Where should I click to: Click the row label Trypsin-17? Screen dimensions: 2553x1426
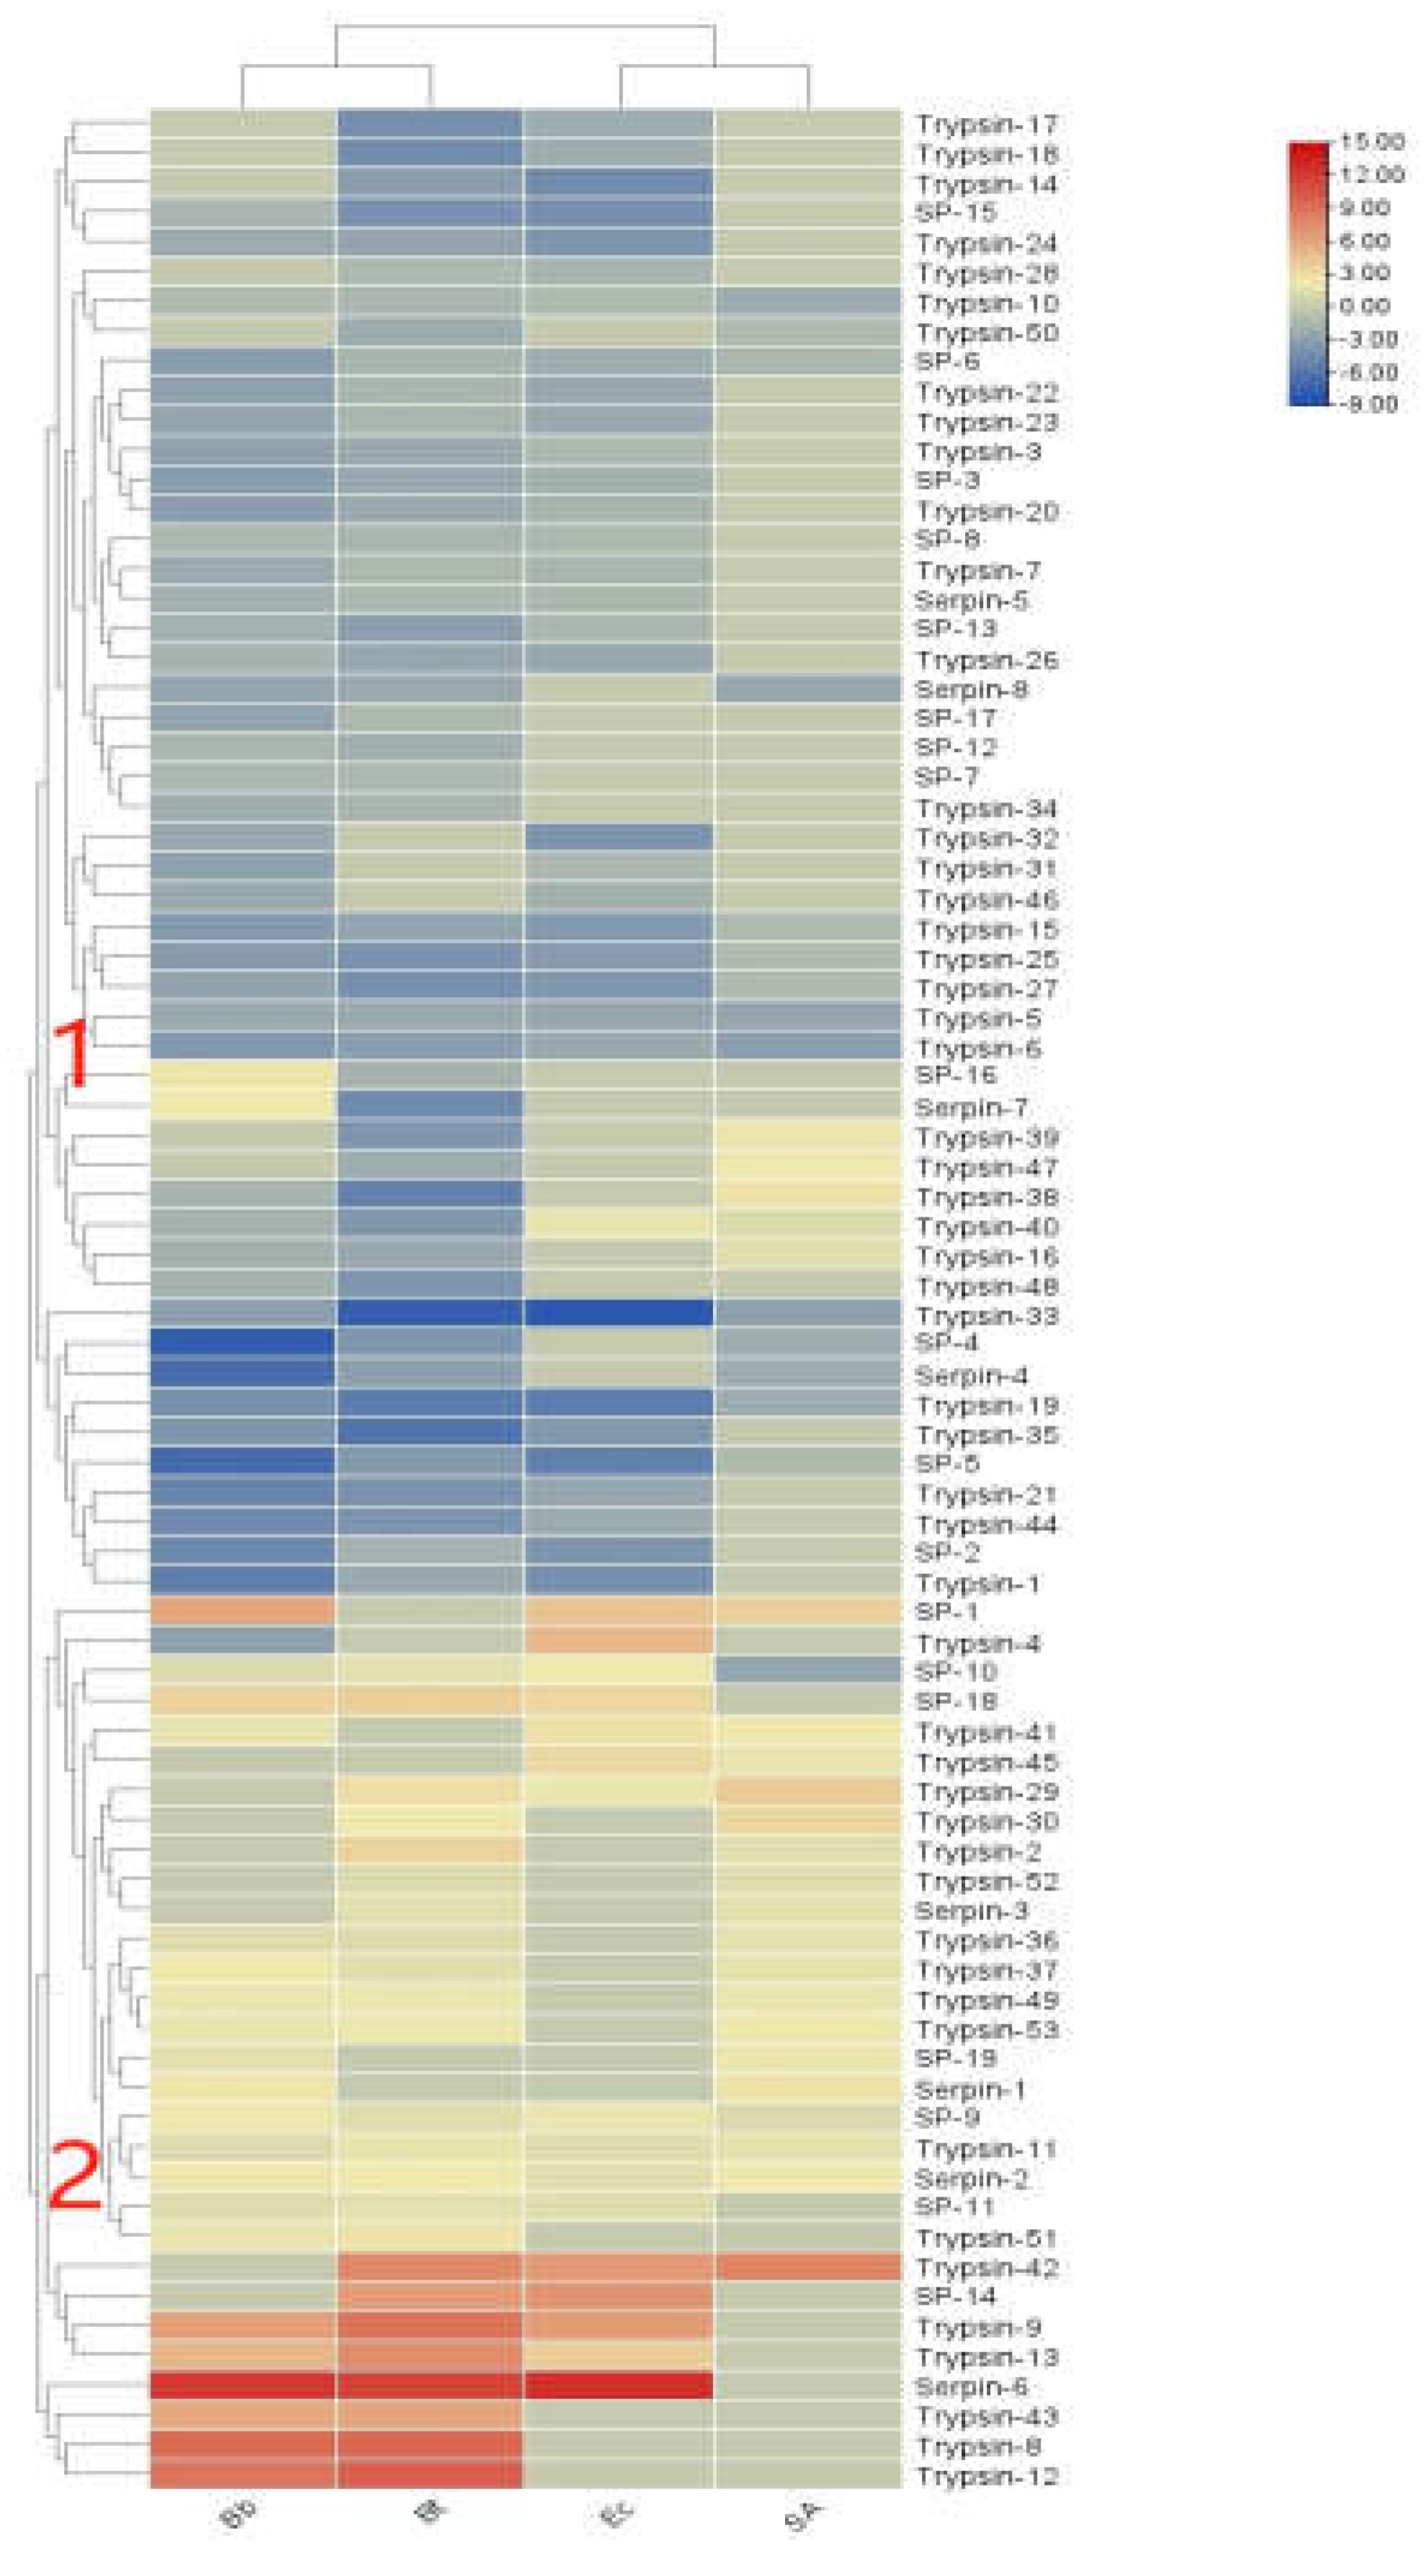tap(985, 125)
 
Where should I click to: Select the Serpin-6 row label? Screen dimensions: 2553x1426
tap(970, 2386)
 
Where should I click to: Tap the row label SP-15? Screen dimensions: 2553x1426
tap(955, 213)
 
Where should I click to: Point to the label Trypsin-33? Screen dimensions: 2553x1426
tap(985, 1317)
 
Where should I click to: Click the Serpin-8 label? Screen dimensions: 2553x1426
tap(970, 690)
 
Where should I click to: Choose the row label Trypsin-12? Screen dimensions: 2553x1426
tap(985, 2476)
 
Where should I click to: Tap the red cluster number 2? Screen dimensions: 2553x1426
tap(75, 2175)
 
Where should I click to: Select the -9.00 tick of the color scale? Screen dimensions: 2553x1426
tap(1369, 404)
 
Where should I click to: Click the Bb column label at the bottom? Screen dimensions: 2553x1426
tap(239, 2516)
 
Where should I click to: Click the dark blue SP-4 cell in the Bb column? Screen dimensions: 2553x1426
tap(242, 1343)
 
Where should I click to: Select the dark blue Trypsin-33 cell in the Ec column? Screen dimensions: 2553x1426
tap(618, 1313)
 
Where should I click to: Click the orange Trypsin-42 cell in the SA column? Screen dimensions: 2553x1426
tap(807, 2267)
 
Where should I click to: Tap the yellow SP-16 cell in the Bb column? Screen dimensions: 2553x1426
tap(242, 1075)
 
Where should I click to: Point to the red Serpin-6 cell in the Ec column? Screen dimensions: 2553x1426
tap(618, 2386)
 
